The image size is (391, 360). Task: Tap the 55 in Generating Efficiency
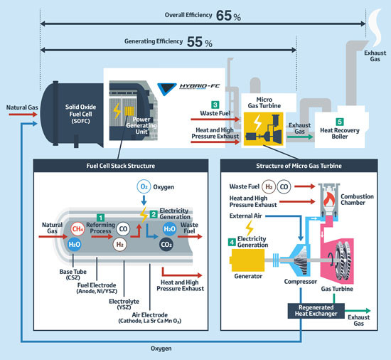pyautogui.click(x=195, y=41)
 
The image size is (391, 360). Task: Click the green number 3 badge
pyautogui.click(x=215, y=105)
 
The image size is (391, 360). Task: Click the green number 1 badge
pyautogui.click(x=101, y=216)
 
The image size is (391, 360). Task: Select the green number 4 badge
pyautogui.click(x=232, y=241)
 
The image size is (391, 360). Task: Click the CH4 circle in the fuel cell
pyautogui.click(x=79, y=228)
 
